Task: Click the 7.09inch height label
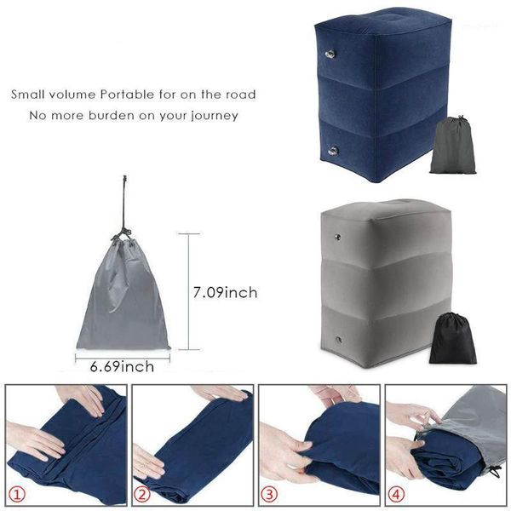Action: pos(226,293)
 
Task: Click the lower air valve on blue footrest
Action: pos(331,151)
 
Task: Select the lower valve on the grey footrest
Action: pos(338,340)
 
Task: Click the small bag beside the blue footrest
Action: pos(451,146)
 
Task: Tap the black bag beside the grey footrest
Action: pos(451,339)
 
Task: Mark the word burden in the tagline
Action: pos(123,115)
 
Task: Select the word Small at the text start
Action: pos(27,94)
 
